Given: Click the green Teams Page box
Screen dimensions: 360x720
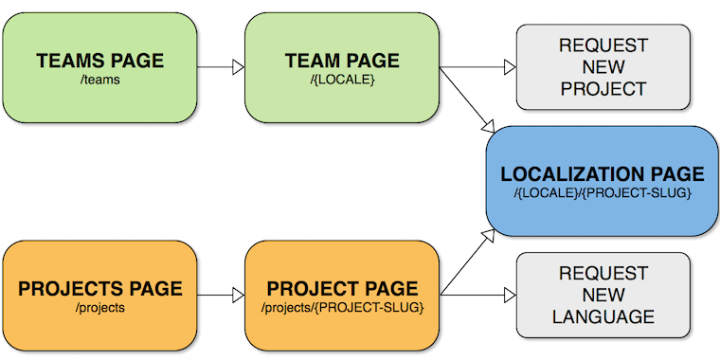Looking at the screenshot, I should click(99, 66).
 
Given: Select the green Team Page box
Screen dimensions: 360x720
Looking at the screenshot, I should click(342, 66).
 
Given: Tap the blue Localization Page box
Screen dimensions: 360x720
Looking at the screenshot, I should click(603, 181).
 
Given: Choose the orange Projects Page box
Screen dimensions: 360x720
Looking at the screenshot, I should click(99, 295).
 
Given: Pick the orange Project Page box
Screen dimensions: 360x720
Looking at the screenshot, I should click(342, 295).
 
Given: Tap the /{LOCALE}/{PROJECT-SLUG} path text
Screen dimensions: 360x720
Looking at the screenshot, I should click(603, 193).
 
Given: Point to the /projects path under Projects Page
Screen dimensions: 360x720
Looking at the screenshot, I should click(99, 309).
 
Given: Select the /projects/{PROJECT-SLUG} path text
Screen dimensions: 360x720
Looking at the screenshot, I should click(342, 309).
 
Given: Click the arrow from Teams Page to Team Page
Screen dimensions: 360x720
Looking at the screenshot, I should click(220, 67).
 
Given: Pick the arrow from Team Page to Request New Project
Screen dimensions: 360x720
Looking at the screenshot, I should click(477, 67).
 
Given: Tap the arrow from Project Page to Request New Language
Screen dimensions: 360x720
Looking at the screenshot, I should click(477, 295).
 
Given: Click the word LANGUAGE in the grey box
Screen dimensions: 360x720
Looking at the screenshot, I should click(603, 316).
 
